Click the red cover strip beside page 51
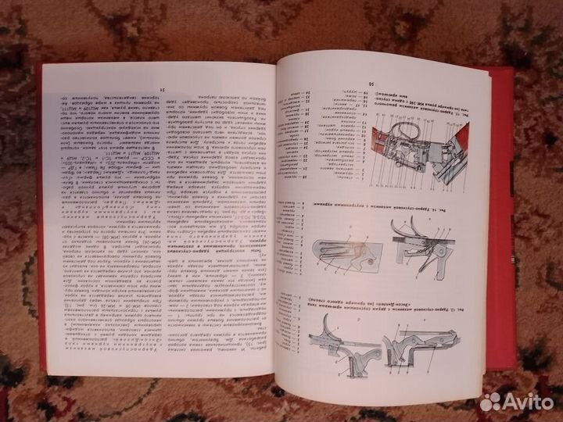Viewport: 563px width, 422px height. [44, 234]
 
